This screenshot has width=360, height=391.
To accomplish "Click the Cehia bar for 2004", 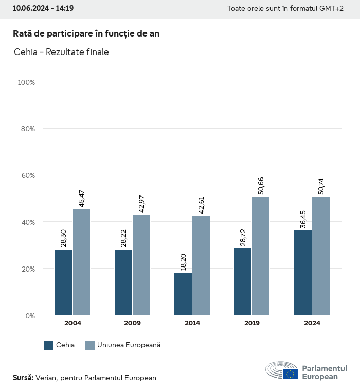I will (63, 282).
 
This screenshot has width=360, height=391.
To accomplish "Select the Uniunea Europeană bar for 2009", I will (141, 265).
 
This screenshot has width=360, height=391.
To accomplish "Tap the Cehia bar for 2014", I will (183, 294).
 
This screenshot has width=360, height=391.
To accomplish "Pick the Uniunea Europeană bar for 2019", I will (261, 256).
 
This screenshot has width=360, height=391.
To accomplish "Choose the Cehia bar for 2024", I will (303, 273).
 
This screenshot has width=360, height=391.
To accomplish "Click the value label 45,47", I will (81, 198).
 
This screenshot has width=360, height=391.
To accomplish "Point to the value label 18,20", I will (183, 261).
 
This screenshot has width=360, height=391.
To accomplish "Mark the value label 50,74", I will (321, 186).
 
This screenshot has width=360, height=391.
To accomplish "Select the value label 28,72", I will (243, 237).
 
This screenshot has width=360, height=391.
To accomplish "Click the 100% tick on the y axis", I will (26, 82).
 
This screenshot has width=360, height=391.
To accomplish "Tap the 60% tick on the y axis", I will (28, 175).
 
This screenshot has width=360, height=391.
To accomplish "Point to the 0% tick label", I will (30, 315).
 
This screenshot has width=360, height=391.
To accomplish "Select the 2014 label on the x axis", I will (192, 323).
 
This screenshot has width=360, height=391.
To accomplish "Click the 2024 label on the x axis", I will (312, 323).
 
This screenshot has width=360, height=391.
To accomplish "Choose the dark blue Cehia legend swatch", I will (49, 345).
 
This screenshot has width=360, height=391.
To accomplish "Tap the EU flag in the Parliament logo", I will (290, 374).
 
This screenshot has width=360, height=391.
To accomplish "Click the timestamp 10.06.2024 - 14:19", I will (43, 9).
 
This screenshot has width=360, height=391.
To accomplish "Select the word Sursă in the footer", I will (23, 378).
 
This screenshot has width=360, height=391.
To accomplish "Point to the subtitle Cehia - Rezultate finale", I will (61, 52).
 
